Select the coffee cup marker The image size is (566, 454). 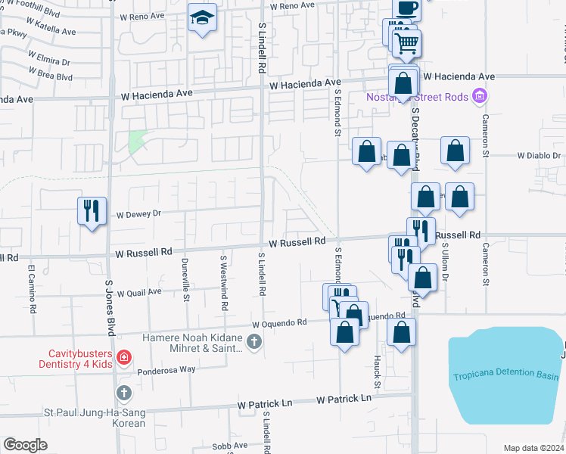tap(406, 8)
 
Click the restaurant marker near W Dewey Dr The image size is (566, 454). tap(92, 211)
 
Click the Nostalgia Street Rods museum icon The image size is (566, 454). tap(479, 96)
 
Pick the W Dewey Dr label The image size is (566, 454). tap(138, 213)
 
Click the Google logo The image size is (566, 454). tap(25, 445)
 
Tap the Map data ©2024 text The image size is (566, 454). tap(533, 448)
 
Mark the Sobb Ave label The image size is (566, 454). tap(230, 446)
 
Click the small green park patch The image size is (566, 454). tap(137, 141)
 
